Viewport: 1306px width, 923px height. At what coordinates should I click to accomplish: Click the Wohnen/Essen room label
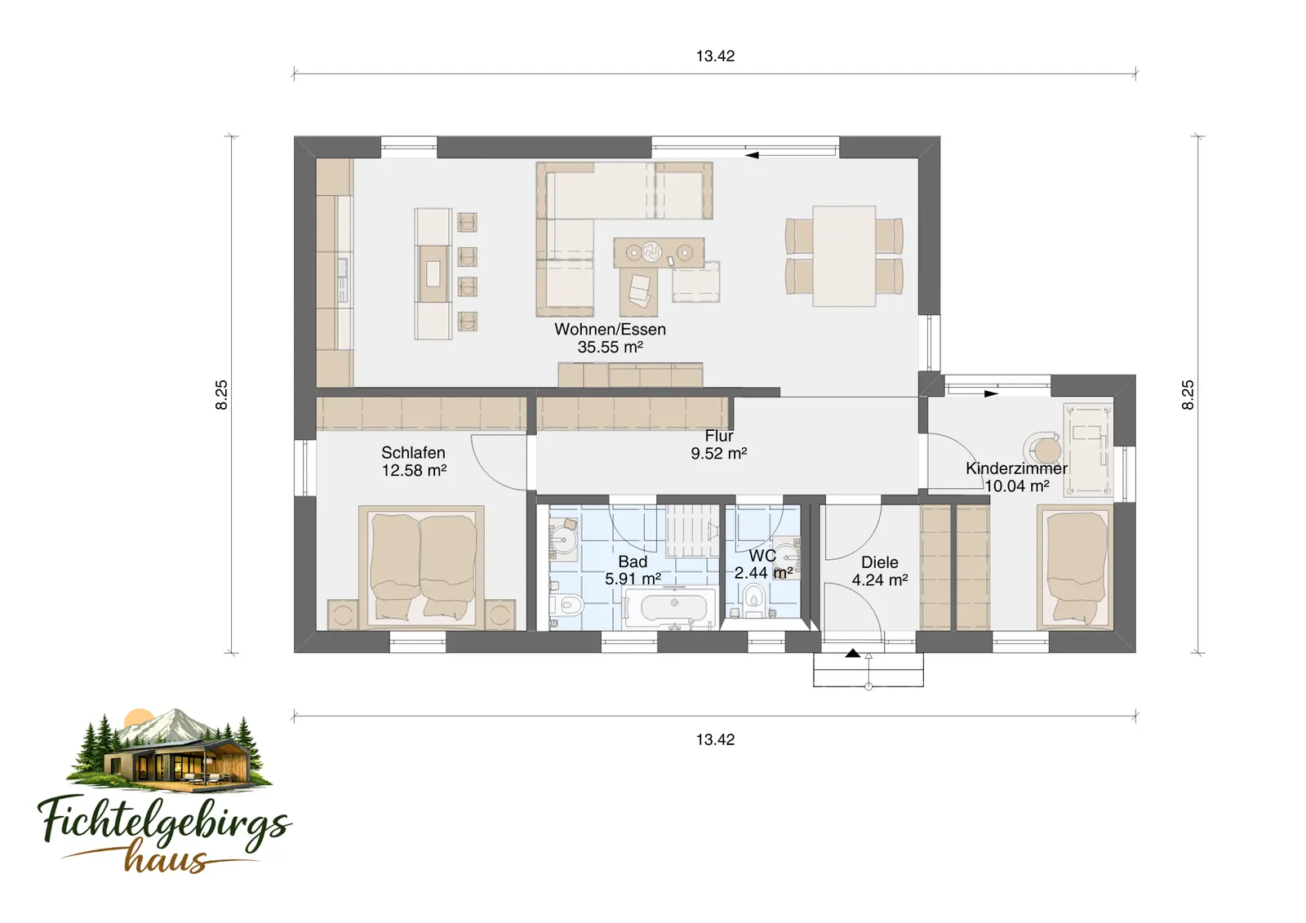click(610, 330)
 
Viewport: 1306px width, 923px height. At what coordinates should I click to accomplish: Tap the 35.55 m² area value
click(610, 347)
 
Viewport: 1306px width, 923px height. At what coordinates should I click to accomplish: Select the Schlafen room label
click(413, 452)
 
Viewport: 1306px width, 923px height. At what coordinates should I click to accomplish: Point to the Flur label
click(719, 436)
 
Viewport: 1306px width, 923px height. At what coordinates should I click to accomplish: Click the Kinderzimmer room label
click(1017, 468)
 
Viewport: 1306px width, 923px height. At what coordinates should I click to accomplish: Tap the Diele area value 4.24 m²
click(880, 580)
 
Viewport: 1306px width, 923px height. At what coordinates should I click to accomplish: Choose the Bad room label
click(633, 561)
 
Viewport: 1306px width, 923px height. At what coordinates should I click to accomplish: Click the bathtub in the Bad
click(670, 608)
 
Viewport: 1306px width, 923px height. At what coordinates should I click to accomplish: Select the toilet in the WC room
click(754, 600)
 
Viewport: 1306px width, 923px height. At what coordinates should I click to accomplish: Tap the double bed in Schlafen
click(421, 567)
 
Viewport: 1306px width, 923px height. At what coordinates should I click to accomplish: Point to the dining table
click(844, 256)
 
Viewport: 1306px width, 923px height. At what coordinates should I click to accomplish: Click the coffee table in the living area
click(658, 252)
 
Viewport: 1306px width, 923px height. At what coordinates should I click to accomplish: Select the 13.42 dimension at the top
click(715, 56)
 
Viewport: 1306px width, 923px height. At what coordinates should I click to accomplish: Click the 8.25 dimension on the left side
click(221, 395)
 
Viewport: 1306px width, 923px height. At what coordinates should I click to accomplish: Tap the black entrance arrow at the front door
click(853, 653)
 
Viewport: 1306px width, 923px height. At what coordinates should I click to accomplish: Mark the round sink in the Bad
click(563, 540)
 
